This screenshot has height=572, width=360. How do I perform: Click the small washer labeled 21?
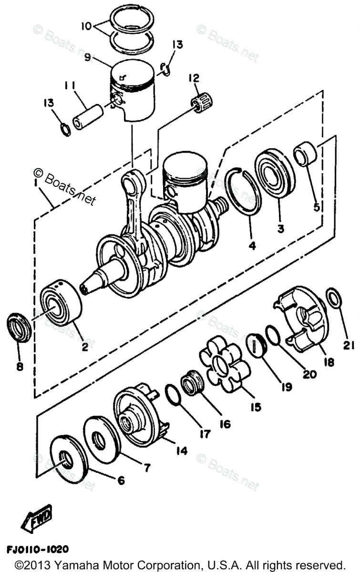click(334, 299)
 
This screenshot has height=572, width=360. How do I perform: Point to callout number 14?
click(182, 450)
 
